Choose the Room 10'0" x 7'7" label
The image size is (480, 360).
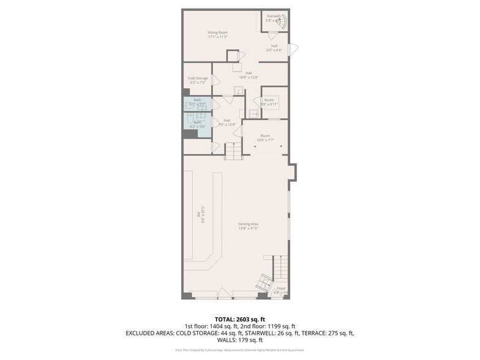coord(265,138)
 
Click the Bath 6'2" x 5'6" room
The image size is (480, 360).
coord(197,124)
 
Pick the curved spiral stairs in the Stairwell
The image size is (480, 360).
coord(281,23)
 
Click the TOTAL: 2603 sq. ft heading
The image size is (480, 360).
coord(240,319)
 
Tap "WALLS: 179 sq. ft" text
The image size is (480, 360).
coord(240,340)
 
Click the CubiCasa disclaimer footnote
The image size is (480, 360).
coord(240,350)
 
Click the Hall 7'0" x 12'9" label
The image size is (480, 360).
coord(227,122)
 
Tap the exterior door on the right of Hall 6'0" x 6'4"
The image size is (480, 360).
coord(294,49)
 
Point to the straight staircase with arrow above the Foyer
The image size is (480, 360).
coord(280,266)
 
